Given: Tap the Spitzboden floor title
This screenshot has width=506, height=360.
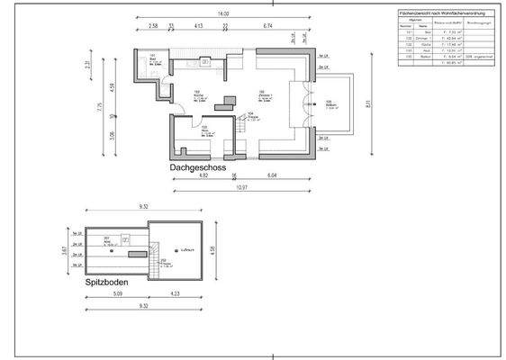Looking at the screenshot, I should tap(104, 282).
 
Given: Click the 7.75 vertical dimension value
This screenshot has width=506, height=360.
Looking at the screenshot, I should tap(101, 105).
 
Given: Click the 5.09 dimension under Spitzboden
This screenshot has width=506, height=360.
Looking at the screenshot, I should tap(118, 292).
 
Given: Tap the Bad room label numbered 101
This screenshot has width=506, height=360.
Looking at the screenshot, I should tap(154, 60).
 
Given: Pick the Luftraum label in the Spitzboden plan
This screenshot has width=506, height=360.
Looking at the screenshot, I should tap(187, 249).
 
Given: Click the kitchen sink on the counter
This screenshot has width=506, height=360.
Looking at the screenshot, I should tap(206, 62).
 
